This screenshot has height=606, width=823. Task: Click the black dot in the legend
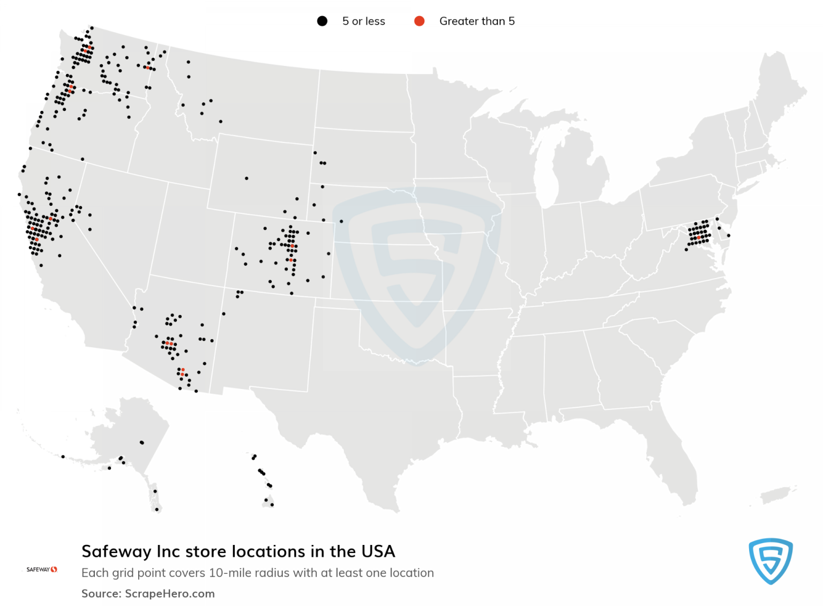click(322, 21)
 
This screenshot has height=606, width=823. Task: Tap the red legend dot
click(420, 21)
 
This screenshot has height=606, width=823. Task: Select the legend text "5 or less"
click(363, 21)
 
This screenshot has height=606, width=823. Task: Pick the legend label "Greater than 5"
click(477, 21)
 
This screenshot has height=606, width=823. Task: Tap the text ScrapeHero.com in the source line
click(170, 594)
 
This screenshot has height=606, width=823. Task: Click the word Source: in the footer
click(101, 594)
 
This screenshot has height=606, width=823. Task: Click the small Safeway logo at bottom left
click(42, 569)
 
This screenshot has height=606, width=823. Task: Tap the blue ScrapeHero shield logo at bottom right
click(770, 560)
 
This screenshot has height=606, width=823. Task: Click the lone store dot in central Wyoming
click(246, 178)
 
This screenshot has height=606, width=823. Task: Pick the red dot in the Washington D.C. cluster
click(699, 237)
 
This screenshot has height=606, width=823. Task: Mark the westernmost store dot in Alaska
click(63, 457)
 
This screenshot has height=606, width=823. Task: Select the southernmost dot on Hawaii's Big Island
click(272, 505)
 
